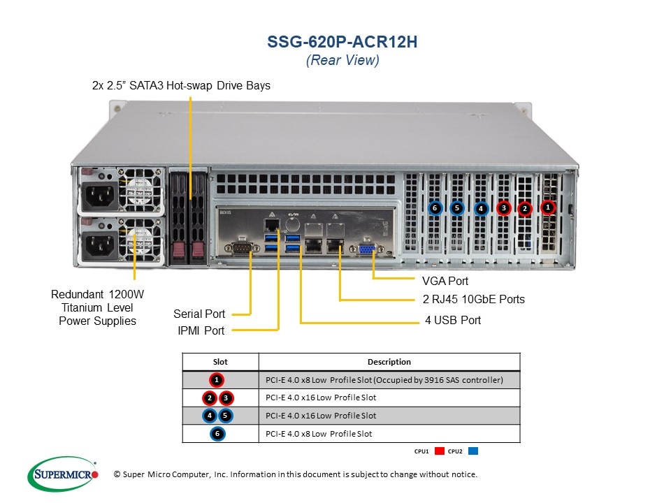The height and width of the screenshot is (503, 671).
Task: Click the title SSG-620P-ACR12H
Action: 342,41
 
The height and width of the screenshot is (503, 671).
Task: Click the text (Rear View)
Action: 342,61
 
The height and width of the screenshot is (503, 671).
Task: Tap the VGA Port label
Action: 445,281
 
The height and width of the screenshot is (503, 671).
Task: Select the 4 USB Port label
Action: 453,320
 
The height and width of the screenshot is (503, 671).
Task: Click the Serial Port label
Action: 199,314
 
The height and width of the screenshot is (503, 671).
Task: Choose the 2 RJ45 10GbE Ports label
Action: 473,300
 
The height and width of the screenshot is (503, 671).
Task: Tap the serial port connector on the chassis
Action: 240,247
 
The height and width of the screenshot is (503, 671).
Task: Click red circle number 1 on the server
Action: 548,207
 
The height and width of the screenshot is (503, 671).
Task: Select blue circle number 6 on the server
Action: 434,207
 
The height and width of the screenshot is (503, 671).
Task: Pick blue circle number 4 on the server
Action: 480,207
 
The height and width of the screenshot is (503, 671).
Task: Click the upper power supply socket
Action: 99,195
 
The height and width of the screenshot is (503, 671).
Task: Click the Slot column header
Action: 219,362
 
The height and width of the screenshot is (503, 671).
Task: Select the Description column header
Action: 389,362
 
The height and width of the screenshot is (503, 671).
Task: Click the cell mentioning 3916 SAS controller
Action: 389,380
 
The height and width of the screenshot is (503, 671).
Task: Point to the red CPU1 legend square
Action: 440,451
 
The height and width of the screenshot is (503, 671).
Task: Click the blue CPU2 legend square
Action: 474,451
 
